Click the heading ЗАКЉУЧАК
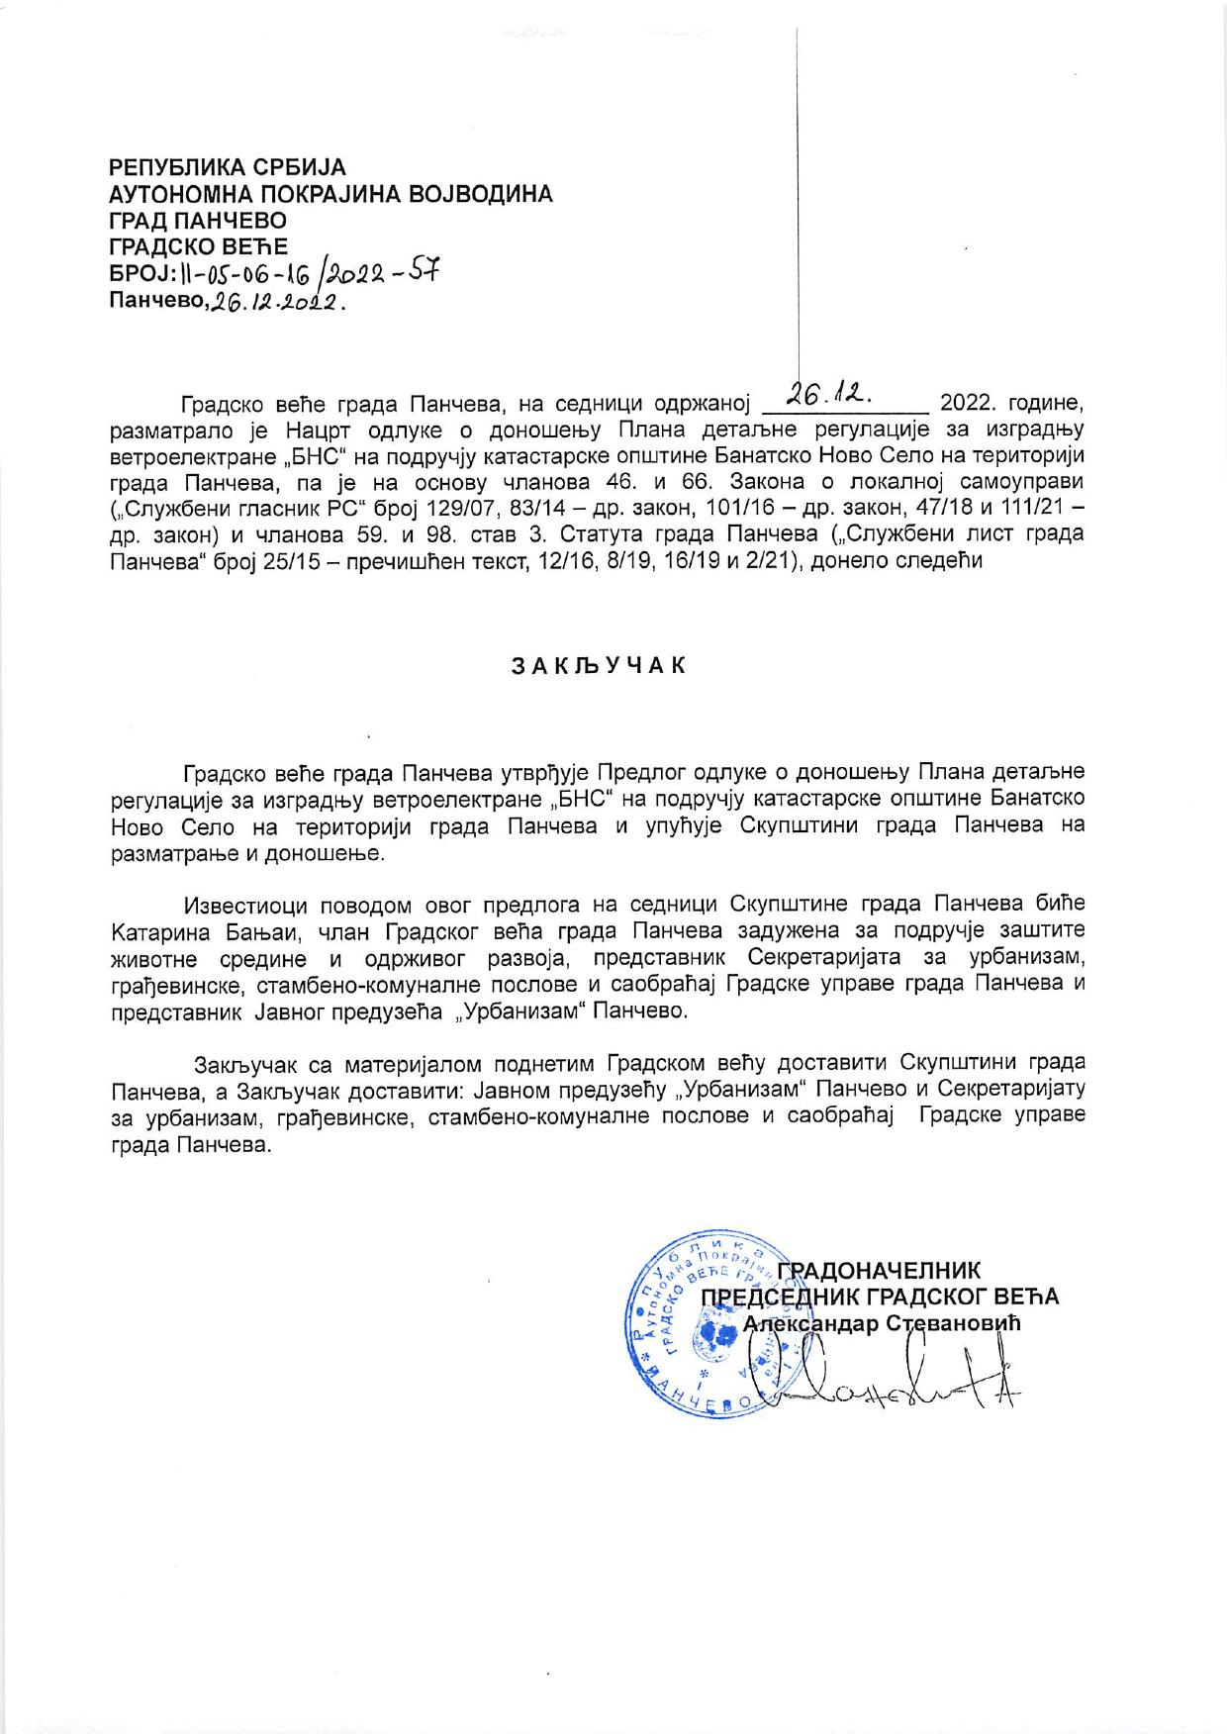click(x=598, y=665)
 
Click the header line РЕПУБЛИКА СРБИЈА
click(x=227, y=168)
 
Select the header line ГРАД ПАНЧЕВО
click(x=197, y=220)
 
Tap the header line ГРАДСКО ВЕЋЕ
click(x=198, y=244)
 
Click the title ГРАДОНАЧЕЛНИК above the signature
click(x=878, y=1271)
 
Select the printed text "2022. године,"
click(x=1013, y=404)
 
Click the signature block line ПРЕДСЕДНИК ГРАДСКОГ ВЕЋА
click(x=880, y=1297)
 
